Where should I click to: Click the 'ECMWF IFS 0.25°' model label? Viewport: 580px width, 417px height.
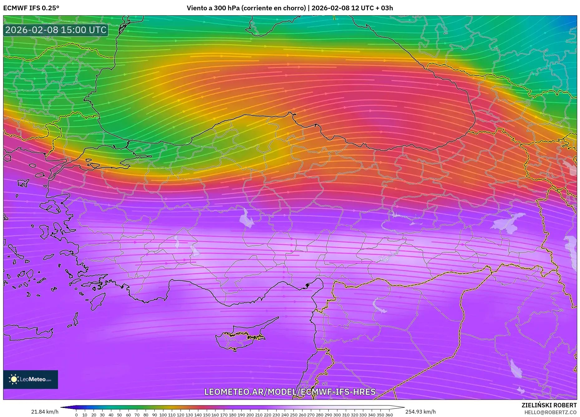(x=31, y=8)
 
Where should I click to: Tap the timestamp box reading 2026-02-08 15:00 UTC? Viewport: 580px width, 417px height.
(x=56, y=30)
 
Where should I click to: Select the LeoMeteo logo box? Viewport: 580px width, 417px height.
(x=31, y=379)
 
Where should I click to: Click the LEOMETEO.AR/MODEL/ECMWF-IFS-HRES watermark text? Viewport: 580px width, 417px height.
(x=290, y=392)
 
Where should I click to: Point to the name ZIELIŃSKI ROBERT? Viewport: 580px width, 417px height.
(x=549, y=405)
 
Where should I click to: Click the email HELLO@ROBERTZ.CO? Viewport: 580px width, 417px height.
(x=550, y=412)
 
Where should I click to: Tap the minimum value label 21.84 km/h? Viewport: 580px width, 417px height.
(x=45, y=412)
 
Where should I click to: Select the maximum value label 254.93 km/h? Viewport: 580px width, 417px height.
(x=420, y=412)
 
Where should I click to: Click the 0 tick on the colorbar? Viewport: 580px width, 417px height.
(x=76, y=415)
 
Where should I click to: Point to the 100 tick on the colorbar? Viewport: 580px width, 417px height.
(x=163, y=415)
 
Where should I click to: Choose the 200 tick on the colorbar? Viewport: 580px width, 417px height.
(x=250, y=415)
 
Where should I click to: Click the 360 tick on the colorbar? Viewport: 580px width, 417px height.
(x=389, y=415)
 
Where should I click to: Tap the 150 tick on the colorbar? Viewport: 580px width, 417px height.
(x=206, y=415)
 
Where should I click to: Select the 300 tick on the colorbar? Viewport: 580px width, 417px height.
(x=337, y=415)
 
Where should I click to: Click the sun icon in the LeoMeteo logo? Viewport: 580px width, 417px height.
(x=14, y=379)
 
